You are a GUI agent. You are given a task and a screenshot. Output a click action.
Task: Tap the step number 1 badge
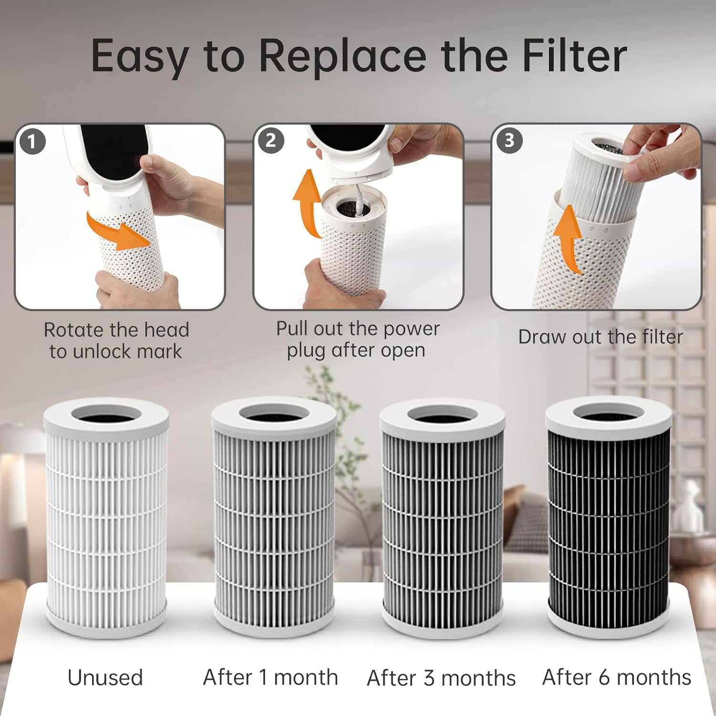pos(32,142)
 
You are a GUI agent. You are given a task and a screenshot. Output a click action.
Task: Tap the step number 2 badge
pos(271,141)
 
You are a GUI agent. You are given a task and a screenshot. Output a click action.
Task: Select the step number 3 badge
pos(509,140)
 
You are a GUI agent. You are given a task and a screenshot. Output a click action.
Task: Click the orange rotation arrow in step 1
pos(119,232)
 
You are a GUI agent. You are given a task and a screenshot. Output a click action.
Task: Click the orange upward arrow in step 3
pos(568,239)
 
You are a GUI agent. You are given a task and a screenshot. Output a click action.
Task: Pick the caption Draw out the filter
pos(600,337)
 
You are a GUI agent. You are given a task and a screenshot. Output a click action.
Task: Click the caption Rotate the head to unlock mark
pos(116,341)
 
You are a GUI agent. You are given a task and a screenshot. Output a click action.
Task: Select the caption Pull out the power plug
pos(357,339)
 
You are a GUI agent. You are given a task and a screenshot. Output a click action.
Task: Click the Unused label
pos(105,678)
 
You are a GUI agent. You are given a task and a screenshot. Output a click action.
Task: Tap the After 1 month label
pos(270,677)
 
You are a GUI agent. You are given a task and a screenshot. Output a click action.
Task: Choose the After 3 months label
pos(441,678)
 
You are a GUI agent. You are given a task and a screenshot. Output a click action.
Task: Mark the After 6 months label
pos(616,677)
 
